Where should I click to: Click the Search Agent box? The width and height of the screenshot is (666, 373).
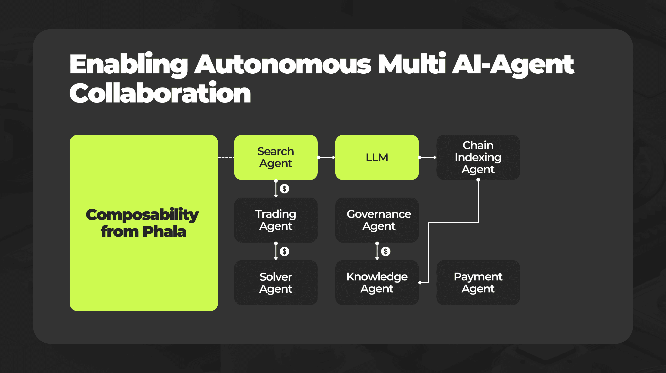pyautogui.click(x=276, y=157)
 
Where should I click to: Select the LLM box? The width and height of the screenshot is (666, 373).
pyautogui.click(x=377, y=157)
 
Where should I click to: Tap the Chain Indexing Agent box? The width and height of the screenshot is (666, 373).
pyautogui.click(x=478, y=157)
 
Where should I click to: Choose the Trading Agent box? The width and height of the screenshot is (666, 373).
pyautogui.click(x=276, y=220)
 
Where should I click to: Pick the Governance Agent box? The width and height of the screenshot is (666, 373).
pyautogui.click(x=377, y=220)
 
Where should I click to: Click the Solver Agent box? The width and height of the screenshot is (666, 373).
pyautogui.click(x=276, y=283)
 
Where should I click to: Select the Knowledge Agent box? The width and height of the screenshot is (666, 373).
pyautogui.click(x=377, y=283)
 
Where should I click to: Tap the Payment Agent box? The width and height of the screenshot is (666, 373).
pyautogui.click(x=478, y=283)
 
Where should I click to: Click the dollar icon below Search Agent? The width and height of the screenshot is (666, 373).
pyautogui.click(x=284, y=189)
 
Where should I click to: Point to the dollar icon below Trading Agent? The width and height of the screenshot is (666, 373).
pyautogui.click(x=284, y=251)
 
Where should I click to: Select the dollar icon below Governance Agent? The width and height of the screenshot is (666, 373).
pyautogui.click(x=385, y=251)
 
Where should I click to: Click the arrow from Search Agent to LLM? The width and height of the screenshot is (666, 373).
pyautogui.click(x=326, y=157)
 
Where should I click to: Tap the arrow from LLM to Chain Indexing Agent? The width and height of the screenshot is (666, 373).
pyautogui.click(x=427, y=157)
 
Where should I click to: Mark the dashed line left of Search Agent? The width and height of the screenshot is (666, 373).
pyautogui.click(x=226, y=157)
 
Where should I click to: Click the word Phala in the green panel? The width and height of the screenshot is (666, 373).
pyautogui.click(x=164, y=232)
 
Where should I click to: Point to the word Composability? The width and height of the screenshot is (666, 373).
pyautogui.click(x=142, y=215)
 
